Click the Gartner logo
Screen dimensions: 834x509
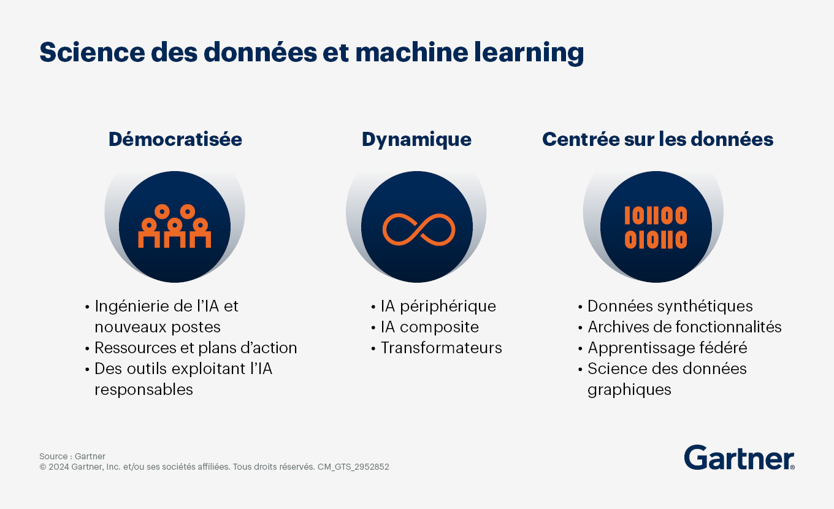739,457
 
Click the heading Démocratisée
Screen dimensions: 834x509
175,139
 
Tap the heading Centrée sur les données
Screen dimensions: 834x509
658,139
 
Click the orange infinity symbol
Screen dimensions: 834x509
419,230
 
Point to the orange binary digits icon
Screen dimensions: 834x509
656,227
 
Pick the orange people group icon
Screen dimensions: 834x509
175,226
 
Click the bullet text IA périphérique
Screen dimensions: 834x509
438,307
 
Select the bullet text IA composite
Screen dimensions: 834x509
430,327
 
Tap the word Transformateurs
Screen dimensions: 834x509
441,348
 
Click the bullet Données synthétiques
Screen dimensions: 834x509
670,307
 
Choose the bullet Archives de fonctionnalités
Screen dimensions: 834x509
685,327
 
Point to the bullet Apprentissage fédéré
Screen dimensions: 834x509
668,348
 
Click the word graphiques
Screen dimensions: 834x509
629,390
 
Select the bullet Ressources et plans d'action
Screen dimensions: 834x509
196,348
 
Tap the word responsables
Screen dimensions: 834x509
143,390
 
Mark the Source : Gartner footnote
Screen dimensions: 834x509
72,456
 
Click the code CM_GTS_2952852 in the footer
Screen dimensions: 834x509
353,467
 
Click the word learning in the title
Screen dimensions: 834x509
529,53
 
